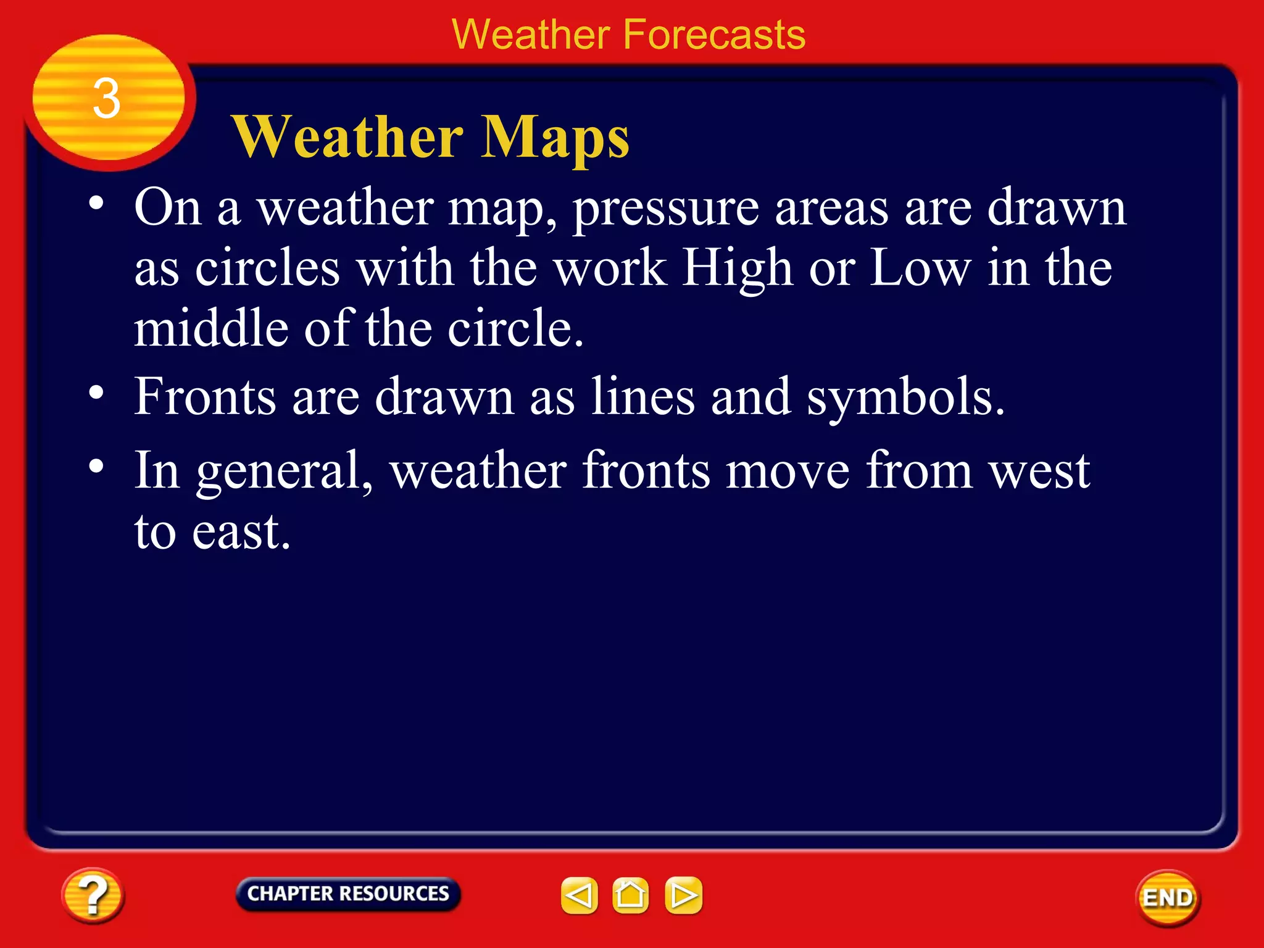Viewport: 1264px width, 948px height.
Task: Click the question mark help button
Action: (93, 896)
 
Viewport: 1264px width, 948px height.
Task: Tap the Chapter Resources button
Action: (348, 894)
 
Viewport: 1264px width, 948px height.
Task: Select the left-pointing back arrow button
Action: (579, 895)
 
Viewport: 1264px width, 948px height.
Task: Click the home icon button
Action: (630, 895)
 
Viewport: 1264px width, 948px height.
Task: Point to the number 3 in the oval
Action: (107, 99)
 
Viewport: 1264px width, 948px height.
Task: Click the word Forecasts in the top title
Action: (714, 35)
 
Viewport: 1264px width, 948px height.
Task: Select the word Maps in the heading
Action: (555, 138)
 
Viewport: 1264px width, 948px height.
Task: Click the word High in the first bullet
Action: (737, 268)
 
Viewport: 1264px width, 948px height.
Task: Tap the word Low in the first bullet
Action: (920, 268)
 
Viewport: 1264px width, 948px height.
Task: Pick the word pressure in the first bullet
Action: (666, 209)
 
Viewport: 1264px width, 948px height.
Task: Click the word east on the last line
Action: (240, 532)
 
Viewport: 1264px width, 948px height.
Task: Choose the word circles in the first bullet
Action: (268, 268)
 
